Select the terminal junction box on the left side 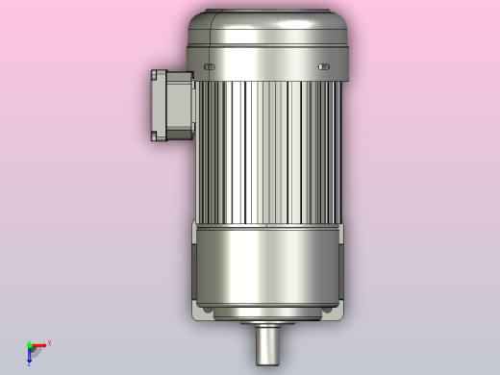(171, 105)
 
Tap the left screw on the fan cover (209, 66)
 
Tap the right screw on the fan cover (324, 66)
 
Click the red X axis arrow (39, 344)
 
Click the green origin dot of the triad (29, 344)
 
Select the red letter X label (49, 342)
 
